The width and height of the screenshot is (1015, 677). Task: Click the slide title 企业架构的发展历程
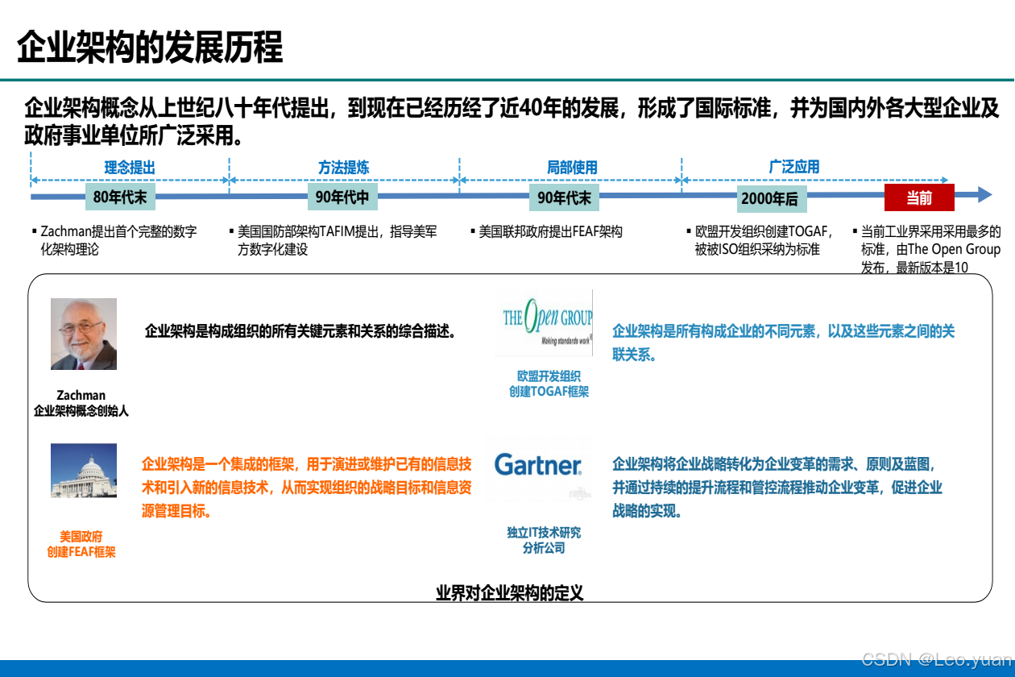(x=150, y=48)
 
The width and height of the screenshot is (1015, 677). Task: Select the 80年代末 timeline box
(x=119, y=197)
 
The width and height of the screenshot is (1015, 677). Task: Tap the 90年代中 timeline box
(x=342, y=197)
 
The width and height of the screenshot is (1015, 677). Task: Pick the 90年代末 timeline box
(x=564, y=197)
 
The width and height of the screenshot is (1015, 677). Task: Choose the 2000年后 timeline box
(x=770, y=198)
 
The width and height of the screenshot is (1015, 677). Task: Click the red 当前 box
(x=919, y=197)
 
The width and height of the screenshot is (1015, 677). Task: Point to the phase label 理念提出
(x=129, y=168)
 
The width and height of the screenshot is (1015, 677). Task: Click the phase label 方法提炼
(x=343, y=168)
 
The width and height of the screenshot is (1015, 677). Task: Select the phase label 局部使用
(x=572, y=168)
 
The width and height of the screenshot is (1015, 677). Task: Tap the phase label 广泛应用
(x=794, y=167)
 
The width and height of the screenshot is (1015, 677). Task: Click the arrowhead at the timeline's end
(x=984, y=194)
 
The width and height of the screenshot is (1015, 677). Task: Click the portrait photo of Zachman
(x=84, y=334)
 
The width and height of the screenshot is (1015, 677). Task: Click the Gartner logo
(x=538, y=465)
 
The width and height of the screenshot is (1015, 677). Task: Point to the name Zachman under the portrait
(x=81, y=395)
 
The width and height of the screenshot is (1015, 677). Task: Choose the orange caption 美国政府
(x=81, y=536)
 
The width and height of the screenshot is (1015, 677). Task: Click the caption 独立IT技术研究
(x=544, y=533)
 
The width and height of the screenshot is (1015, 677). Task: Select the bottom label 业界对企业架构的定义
(x=509, y=593)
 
